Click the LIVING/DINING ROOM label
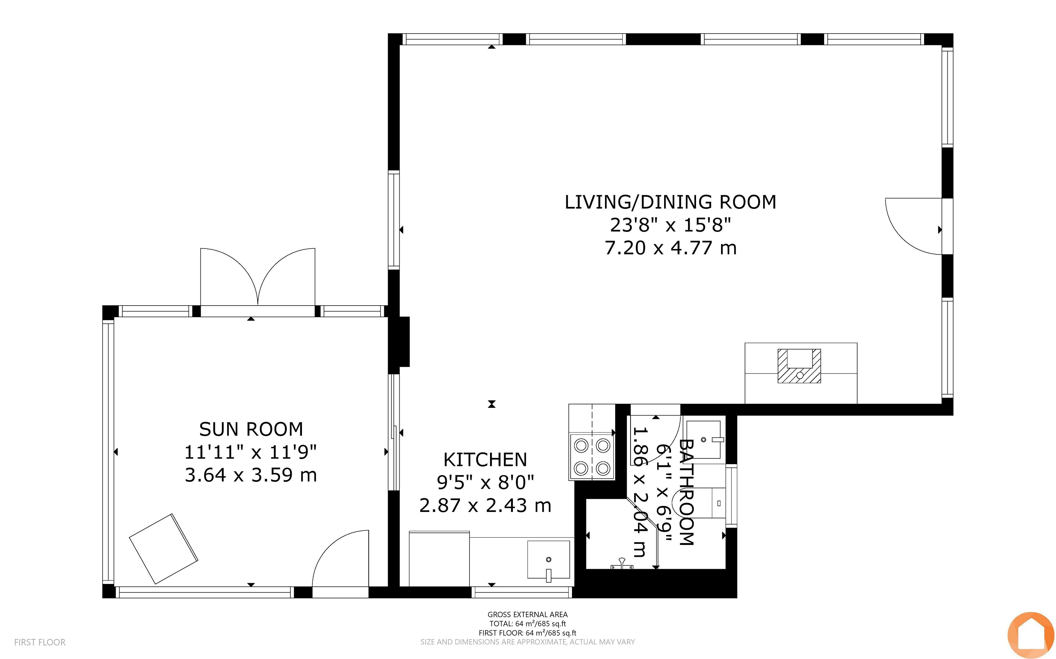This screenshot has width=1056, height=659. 670,202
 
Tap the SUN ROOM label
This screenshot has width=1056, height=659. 251,429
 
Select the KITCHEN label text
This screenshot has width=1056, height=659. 485,460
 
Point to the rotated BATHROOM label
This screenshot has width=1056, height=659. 686,492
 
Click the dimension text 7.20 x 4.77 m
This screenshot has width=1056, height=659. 670,248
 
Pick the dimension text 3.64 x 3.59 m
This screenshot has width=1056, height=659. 251,475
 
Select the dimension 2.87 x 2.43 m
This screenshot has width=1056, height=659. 485,506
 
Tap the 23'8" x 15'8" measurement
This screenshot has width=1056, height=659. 670,225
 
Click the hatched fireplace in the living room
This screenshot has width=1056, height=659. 799,366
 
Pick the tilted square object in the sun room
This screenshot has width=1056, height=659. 164,549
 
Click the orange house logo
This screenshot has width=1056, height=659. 1031,635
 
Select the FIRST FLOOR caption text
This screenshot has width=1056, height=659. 40,642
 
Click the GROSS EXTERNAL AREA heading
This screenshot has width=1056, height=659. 527,614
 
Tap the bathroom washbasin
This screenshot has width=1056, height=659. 703,439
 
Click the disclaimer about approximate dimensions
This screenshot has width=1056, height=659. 527,642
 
